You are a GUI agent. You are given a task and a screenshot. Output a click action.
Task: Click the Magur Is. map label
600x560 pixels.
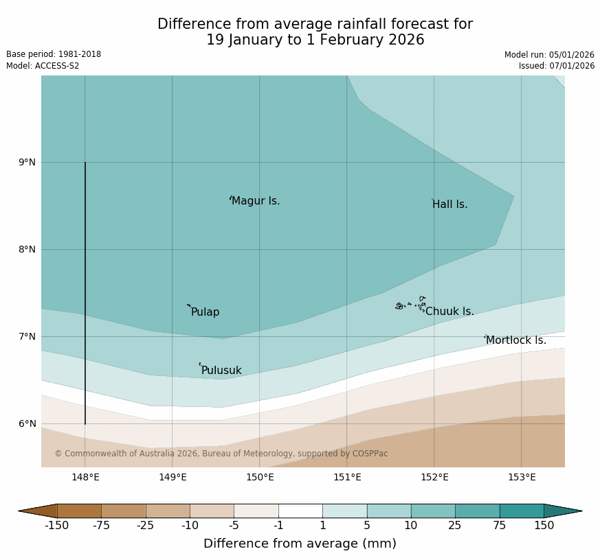[256, 201]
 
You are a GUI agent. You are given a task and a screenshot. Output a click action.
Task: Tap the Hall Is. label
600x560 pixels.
[449, 205]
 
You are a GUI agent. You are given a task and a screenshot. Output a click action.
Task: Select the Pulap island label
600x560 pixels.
[205, 312]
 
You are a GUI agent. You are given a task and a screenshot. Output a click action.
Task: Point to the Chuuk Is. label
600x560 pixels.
[449, 312]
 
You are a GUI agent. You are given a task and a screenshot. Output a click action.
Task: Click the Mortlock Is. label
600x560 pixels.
[515, 340]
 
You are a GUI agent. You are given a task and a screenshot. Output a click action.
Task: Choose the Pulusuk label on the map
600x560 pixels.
[221, 371]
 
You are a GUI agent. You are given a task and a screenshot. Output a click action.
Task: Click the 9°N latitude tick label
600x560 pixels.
[27, 162]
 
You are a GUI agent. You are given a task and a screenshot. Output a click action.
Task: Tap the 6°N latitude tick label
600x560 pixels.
[27, 423]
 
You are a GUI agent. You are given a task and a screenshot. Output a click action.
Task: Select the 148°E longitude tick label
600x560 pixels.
[85, 477]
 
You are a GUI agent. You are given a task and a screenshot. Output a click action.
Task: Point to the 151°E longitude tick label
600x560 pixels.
[347, 477]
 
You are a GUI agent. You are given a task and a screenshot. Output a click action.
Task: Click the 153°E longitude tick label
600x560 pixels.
[522, 477]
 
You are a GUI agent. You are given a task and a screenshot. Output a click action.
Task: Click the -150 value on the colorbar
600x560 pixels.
[56, 526]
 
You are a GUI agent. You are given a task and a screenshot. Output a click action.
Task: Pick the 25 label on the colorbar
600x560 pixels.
[455, 526]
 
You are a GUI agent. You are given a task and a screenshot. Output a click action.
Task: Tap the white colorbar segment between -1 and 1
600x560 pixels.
[300, 511]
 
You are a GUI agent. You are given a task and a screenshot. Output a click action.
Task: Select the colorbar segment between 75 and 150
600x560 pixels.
[521, 511]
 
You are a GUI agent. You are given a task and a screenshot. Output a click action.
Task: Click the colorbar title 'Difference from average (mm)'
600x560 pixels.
[300, 544]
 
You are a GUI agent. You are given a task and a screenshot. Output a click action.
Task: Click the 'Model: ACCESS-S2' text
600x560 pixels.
[43, 66]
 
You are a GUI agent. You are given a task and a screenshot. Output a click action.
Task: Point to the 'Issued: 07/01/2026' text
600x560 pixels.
[557, 66]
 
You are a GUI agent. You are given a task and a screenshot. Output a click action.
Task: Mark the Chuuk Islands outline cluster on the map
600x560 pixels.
[411, 304]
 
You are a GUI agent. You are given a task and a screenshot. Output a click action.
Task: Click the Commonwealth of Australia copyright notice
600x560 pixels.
[221, 454]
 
